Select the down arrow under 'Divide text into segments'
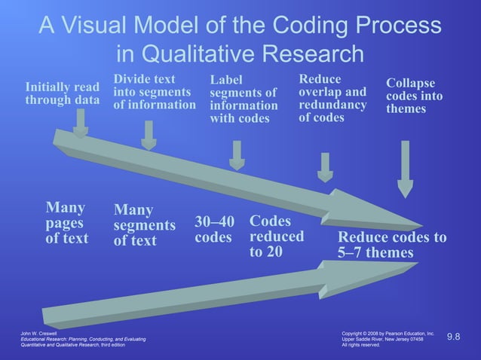[149, 135]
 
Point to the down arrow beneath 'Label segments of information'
[237, 154]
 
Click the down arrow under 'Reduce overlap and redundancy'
[325, 167]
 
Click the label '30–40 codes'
[214, 229]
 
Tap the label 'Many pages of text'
[67, 223]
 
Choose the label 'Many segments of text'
[144, 225]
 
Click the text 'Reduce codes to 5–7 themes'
[392, 246]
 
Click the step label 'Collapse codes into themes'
[414, 96]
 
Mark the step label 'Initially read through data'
[62, 93]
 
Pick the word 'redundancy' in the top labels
[332, 105]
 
